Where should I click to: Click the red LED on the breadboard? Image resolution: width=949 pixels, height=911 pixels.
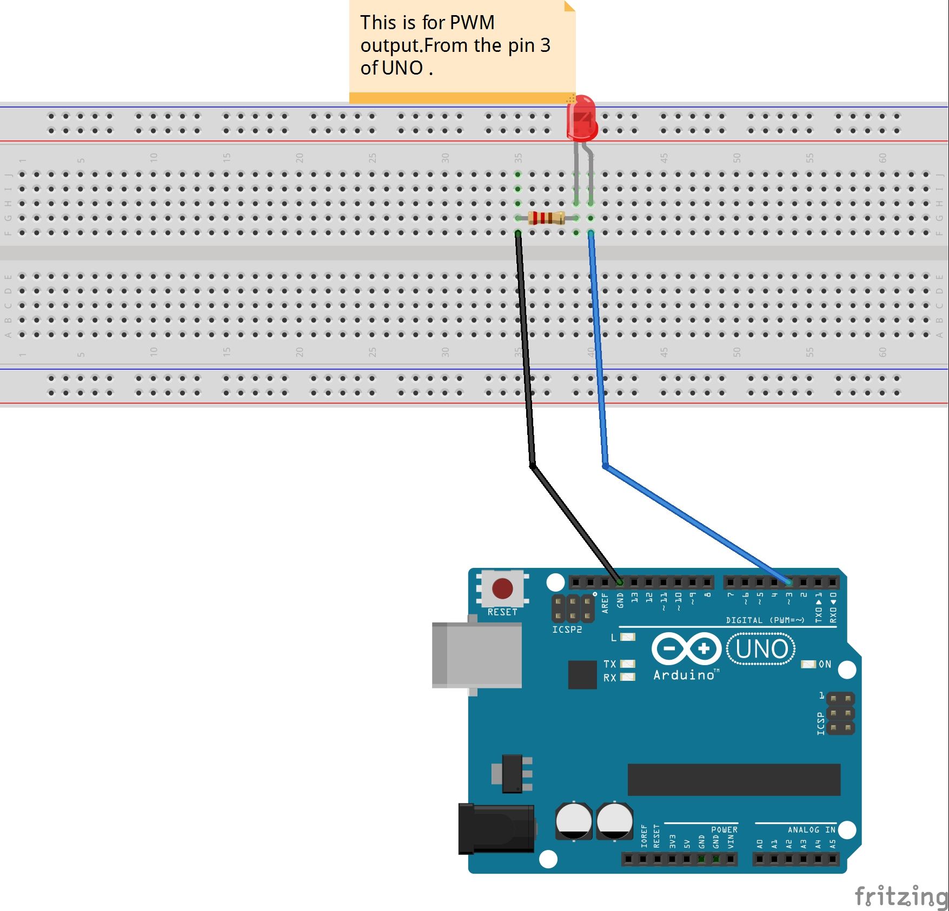tap(582, 117)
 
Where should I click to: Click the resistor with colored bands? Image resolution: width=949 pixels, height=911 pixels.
tap(546, 218)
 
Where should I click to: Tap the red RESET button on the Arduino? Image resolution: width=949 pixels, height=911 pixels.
tap(502, 588)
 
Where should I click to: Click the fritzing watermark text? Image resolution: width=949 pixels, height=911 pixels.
tap(900, 895)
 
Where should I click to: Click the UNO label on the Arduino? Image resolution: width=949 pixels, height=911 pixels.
tap(761, 649)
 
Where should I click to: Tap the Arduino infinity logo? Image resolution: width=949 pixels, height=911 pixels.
tap(686, 648)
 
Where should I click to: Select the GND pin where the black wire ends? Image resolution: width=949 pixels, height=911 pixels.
tap(620, 582)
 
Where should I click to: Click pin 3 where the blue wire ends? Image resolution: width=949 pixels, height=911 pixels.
tap(789, 582)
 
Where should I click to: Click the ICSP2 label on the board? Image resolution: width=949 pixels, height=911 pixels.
tap(567, 629)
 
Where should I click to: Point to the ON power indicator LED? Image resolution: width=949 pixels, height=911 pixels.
tap(808, 664)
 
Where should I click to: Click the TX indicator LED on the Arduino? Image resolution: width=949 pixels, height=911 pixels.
tap(627, 664)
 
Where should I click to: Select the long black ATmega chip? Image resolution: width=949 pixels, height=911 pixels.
tap(733, 780)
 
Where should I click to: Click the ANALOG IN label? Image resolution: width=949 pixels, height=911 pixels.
tap(811, 829)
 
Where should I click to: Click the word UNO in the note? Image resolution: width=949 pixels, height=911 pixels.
tap(402, 68)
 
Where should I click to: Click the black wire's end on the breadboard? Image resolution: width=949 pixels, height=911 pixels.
tap(517, 233)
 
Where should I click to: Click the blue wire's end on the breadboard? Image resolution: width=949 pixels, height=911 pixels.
tap(590, 233)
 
